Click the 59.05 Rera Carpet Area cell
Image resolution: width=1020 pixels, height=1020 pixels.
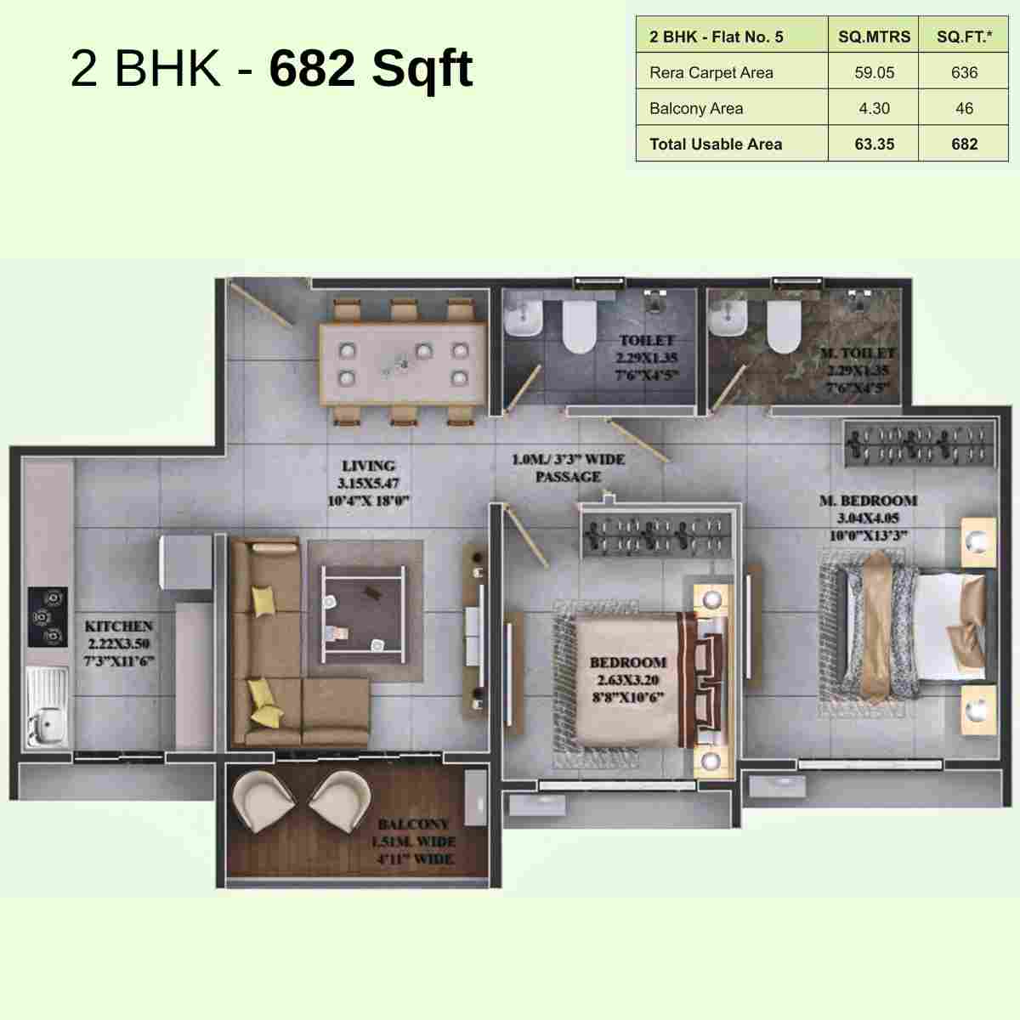point(874,73)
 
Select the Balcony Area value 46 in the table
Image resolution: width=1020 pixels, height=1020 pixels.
point(964,109)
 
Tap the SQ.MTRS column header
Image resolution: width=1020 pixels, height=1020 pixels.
point(874,37)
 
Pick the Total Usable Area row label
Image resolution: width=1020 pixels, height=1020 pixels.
point(716,144)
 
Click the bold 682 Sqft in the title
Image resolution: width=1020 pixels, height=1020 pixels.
point(371,68)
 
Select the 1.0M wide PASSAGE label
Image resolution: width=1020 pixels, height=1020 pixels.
point(568,468)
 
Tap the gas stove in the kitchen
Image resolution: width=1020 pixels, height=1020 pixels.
point(48,616)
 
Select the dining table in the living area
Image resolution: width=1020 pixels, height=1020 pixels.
point(402,363)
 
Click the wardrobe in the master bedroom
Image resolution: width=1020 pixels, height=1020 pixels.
point(919,445)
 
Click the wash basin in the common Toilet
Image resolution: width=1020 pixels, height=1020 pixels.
point(523,321)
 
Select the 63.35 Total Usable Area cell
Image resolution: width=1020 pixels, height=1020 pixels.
point(874,144)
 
